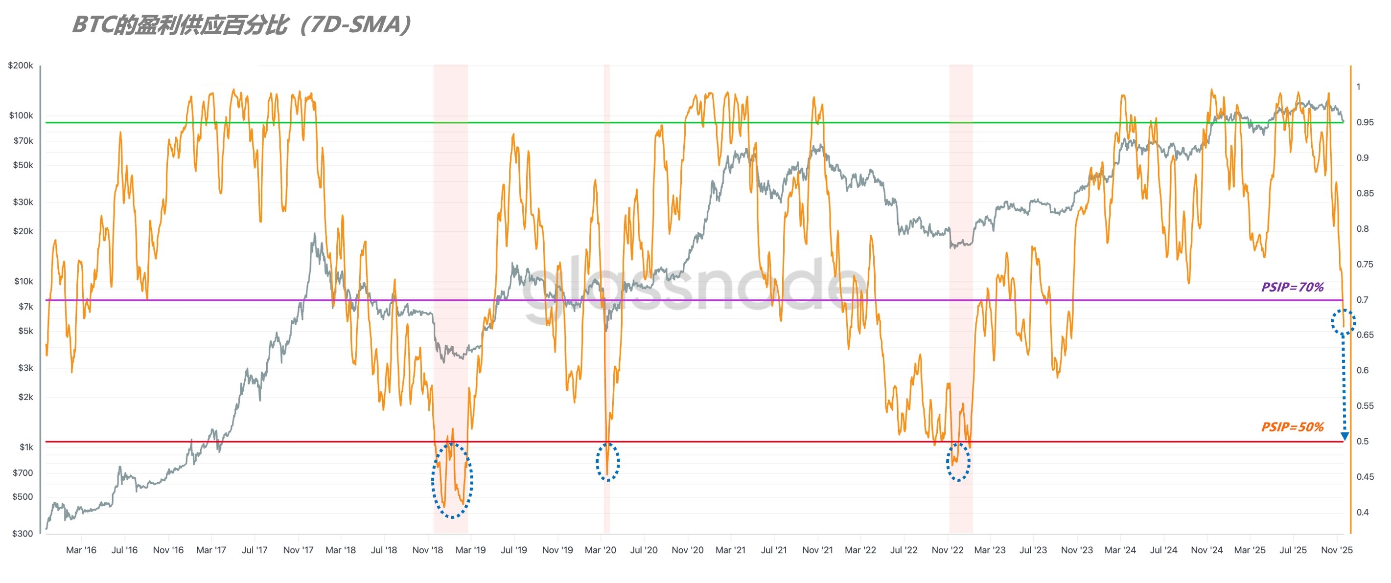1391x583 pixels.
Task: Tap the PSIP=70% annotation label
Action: tap(1292, 287)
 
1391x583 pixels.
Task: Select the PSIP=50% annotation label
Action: tap(1292, 427)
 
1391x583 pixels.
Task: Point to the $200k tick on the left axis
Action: tap(21, 66)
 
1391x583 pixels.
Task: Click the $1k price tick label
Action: tap(26, 447)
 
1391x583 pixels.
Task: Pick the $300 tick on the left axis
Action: tap(23, 533)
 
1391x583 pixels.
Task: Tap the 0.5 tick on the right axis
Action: tap(1363, 441)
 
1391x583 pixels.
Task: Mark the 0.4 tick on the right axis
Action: tap(1363, 512)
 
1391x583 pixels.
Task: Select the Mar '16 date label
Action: tap(81, 550)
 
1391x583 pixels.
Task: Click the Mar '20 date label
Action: tap(601, 550)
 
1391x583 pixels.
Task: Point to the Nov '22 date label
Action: tap(947, 550)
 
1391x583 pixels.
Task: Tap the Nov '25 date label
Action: tap(1337, 550)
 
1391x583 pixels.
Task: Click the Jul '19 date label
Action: tap(513, 550)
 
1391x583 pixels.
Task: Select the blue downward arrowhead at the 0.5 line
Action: tap(1345, 436)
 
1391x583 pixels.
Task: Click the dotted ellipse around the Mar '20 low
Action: tap(607, 462)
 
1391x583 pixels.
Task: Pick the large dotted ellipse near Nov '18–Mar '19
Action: tap(452, 480)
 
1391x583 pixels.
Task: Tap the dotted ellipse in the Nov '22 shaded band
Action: tap(958, 462)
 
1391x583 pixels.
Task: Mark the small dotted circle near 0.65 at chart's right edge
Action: tap(1343, 322)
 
